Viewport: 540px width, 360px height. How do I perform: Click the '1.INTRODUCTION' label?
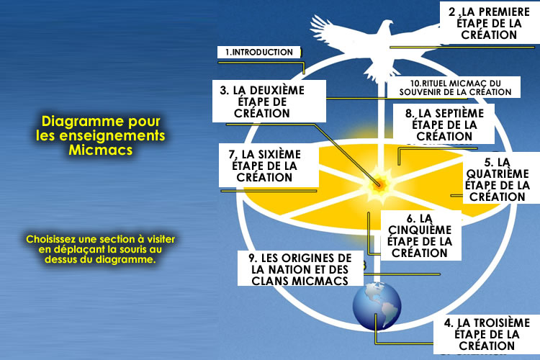click(x=258, y=53)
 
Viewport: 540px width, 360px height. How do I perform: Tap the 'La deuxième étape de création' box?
click(x=263, y=102)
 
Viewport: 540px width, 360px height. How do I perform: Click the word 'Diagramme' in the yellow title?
click(x=84, y=121)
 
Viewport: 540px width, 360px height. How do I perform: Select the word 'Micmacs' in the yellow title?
click(x=101, y=151)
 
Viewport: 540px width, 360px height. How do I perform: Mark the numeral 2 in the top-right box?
click(x=451, y=12)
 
